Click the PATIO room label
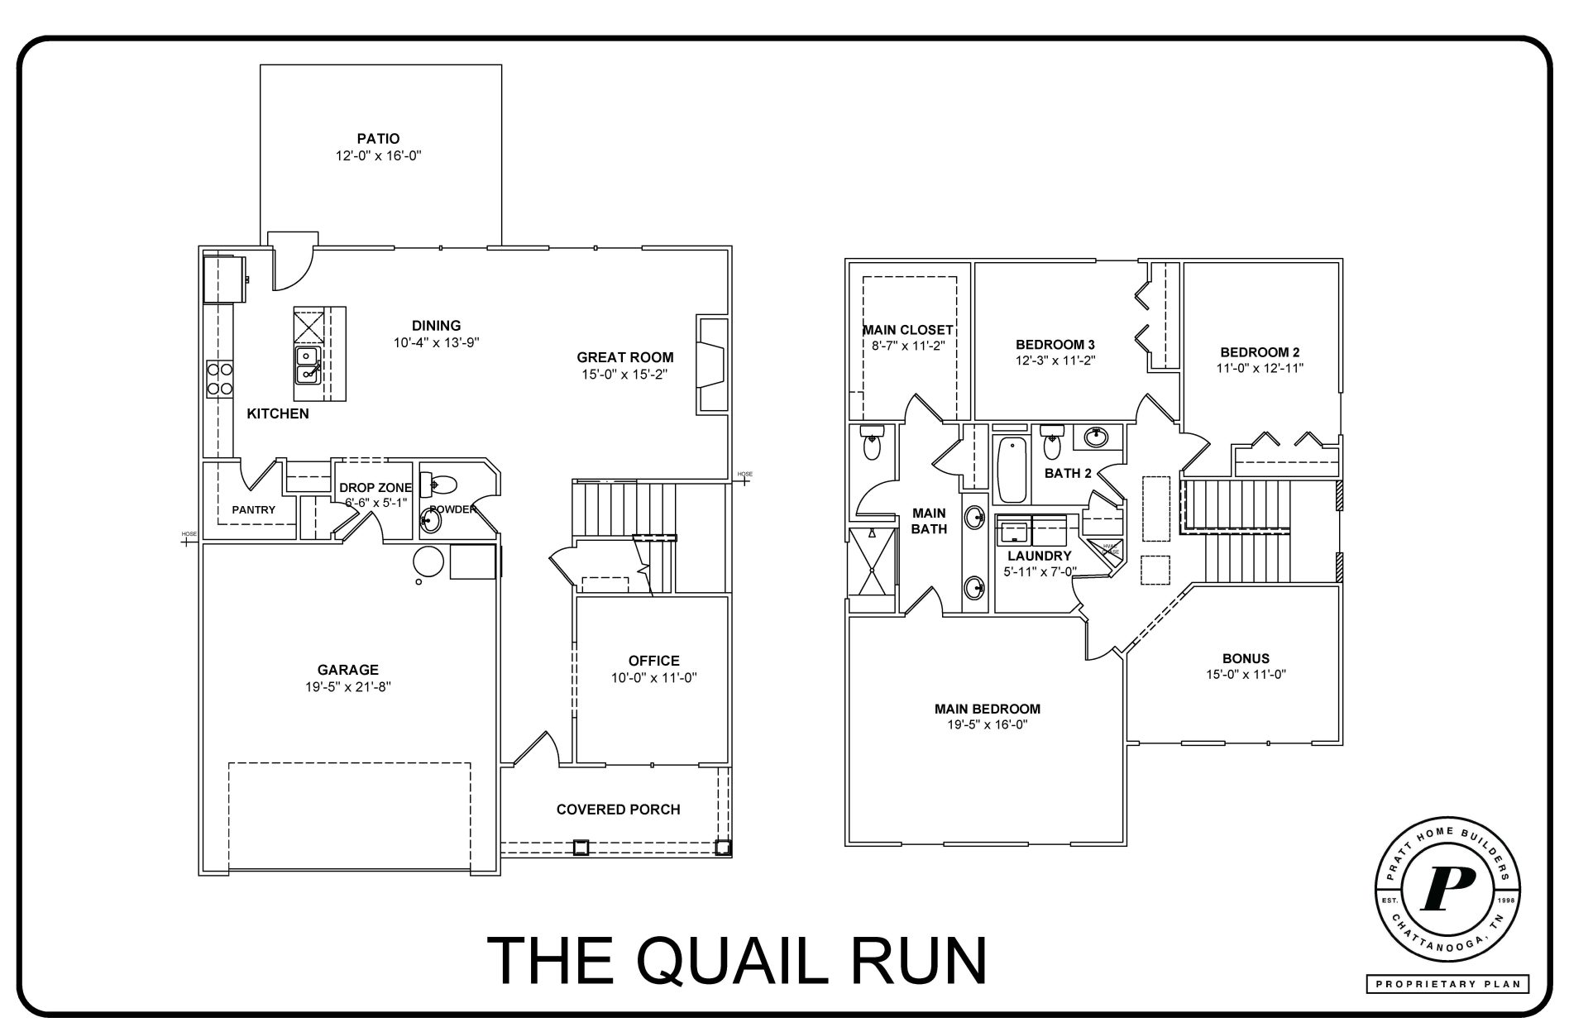[x=378, y=139]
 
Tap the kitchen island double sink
[x=308, y=365]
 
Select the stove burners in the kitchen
[x=219, y=379]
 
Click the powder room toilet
[x=440, y=482]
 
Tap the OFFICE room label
[x=653, y=661]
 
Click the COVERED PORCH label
[x=618, y=810]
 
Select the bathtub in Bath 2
[x=1012, y=470]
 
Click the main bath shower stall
[x=872, y=561]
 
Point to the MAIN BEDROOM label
[x=987, y=709]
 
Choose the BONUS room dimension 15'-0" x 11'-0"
[x=1246, y=675]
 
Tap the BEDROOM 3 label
[x=1055, y=345]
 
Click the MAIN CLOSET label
[x=907, y=331]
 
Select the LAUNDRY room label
[x=1039, y=556]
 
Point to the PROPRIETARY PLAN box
[x=1447, y=984]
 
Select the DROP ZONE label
[x=375, y=488]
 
